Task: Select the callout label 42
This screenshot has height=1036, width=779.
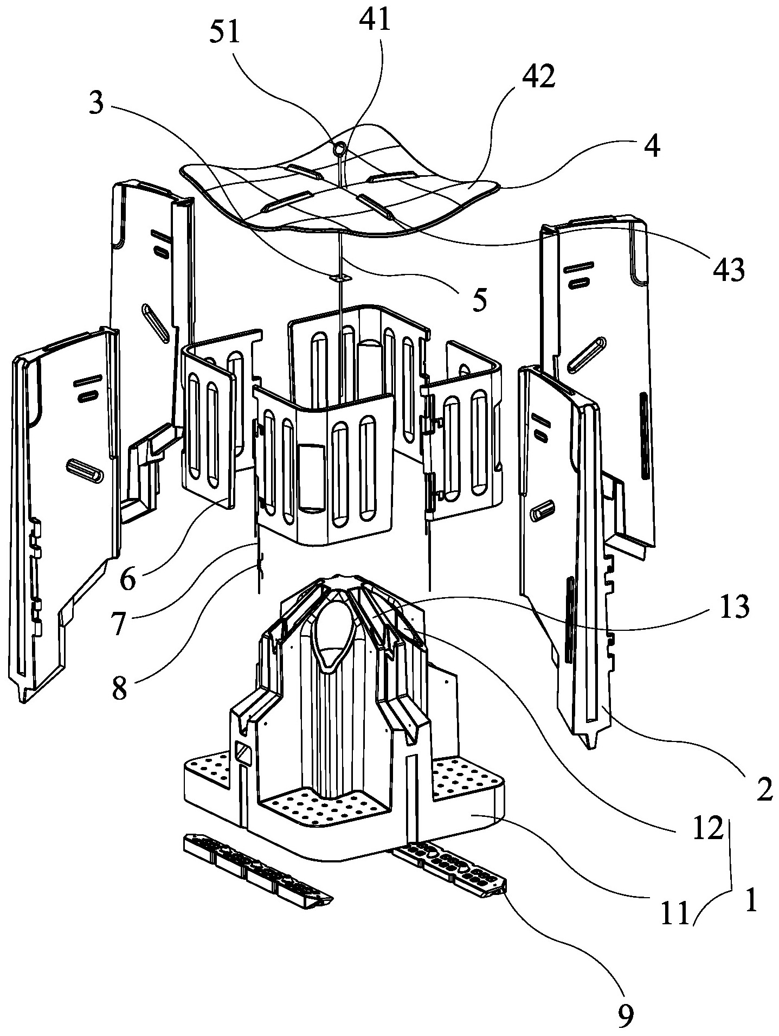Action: coord(539,78)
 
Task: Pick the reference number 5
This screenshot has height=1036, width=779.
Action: coord(479,299)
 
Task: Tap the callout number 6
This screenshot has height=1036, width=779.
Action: coord(128,579)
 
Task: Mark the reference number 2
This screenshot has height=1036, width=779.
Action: coord(764,791)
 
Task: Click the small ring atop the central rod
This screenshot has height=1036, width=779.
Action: coord(340,148)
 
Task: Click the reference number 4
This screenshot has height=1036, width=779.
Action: coord(654,146)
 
